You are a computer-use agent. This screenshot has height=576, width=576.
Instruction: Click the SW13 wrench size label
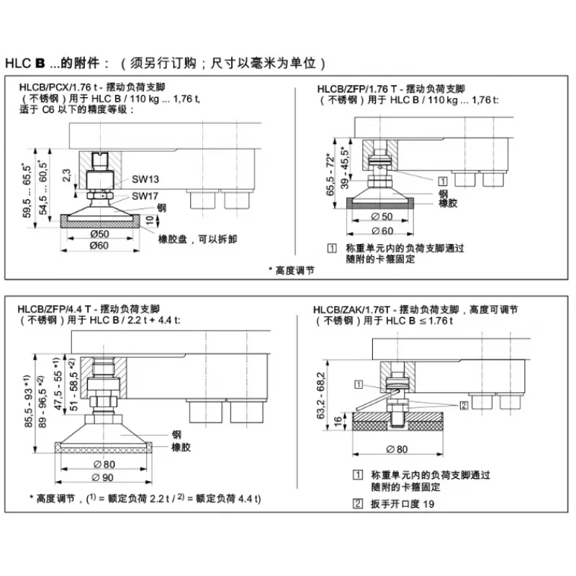pyautogui.click(x=145, y=179)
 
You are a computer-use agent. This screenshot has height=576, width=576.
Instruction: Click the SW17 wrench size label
pyautogui.click(x=145, y=196)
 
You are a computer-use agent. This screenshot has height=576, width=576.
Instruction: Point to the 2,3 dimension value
pyautogui.click(x=66, y=176)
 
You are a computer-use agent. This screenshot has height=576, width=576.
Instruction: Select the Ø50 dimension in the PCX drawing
pyautogui.click(x=99, y=233)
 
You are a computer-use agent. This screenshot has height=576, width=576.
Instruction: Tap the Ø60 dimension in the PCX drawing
pyautogui.click(x=99, y=245)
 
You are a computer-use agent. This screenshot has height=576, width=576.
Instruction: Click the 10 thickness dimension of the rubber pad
pyautogui.click(x=150, y=220)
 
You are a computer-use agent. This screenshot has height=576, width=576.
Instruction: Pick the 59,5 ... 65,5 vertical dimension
pyautogui.click(x=27, y=191)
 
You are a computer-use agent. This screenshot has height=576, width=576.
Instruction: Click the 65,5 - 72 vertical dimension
pyautogui.click(x=330, y=175)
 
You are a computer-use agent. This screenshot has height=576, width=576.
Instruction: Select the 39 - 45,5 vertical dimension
pyautogui.click(x=345, y=168)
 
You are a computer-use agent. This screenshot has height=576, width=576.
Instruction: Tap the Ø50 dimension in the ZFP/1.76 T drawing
pyautogui.click(x=382, y=217)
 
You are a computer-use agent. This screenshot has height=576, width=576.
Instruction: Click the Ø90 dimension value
pyautogui.click(x=102, y=477)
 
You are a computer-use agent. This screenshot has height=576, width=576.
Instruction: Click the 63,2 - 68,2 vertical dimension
pyautogui.click(x=320, y=395)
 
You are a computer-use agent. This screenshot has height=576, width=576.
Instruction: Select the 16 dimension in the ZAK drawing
pyautogui.click(x=338, y=421)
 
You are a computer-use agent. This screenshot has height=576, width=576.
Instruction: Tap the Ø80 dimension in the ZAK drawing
pyautogui.click(x=397, y=449)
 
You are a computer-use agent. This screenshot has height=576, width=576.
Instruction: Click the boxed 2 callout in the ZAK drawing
pyautogui.click(x=464, y=405)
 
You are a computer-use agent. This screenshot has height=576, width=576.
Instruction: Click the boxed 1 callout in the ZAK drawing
pyautogui.click(x=358, y=384)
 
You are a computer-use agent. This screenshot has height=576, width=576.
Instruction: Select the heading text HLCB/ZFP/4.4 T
pyautogui.click(x=54, y=309)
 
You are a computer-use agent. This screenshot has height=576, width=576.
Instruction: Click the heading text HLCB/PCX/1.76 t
pyautogui.click(x=58, y=87)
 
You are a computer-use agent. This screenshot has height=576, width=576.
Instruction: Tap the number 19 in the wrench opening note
pyautogui.click(x=428, y=504)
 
